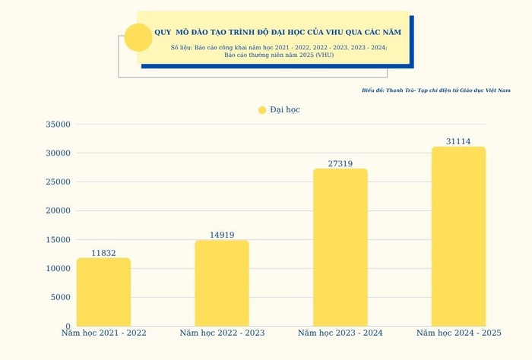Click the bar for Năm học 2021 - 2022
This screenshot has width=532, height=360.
(103, 292)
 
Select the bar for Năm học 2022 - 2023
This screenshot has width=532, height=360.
(222, 283)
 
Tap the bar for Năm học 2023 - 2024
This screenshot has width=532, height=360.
(340, 248)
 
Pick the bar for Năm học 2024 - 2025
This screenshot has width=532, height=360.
(458, 237)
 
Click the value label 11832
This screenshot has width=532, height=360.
(103, 253)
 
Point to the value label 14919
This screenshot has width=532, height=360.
(222, 235)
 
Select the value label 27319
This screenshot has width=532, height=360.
(340, 163)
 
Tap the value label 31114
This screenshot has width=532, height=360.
(458, 142)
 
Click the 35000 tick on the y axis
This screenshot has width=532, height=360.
(58, 125)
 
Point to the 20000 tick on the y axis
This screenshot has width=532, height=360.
(58, 211)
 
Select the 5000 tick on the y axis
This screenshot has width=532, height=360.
(60, 297)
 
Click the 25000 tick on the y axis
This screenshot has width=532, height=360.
(58, 182)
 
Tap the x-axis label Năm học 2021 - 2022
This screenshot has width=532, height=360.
(103, 333)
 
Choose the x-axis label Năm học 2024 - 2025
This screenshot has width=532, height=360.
(458, 333)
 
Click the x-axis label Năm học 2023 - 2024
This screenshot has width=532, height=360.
(340, 333)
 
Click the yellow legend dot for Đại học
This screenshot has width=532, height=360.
(262, 110)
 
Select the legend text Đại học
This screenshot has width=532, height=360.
(285, 110)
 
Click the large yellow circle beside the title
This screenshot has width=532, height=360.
(138, 37)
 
